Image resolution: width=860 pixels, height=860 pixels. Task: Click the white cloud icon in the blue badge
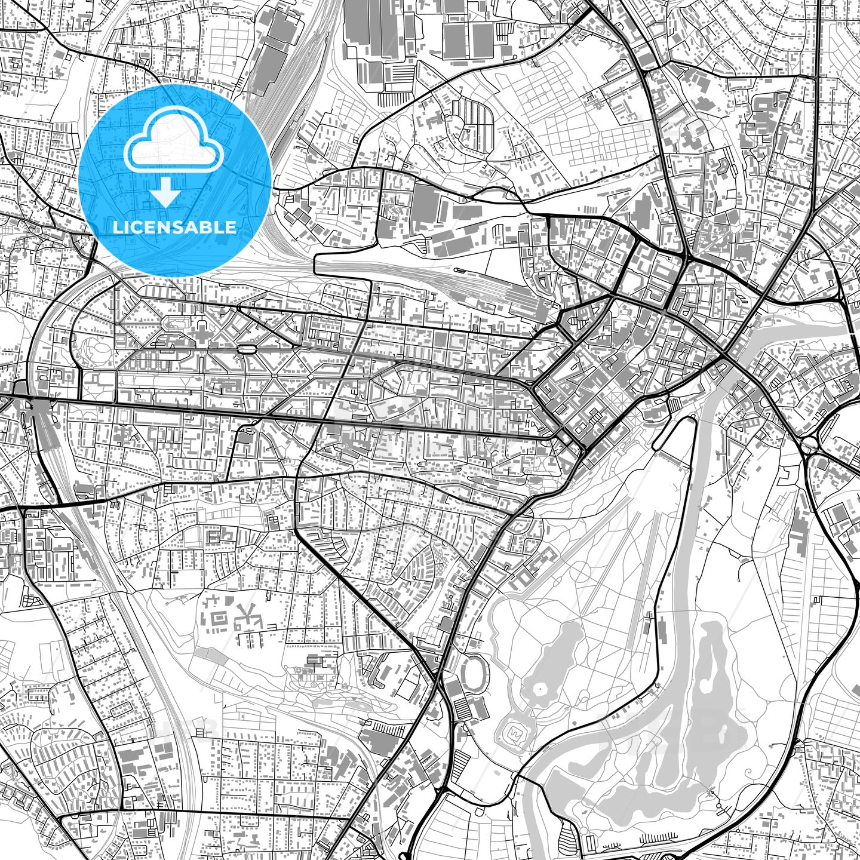173,146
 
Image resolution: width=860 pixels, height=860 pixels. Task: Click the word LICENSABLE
174,227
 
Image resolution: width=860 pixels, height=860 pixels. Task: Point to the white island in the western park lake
540,691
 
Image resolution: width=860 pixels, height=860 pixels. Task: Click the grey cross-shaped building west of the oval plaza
201,334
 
